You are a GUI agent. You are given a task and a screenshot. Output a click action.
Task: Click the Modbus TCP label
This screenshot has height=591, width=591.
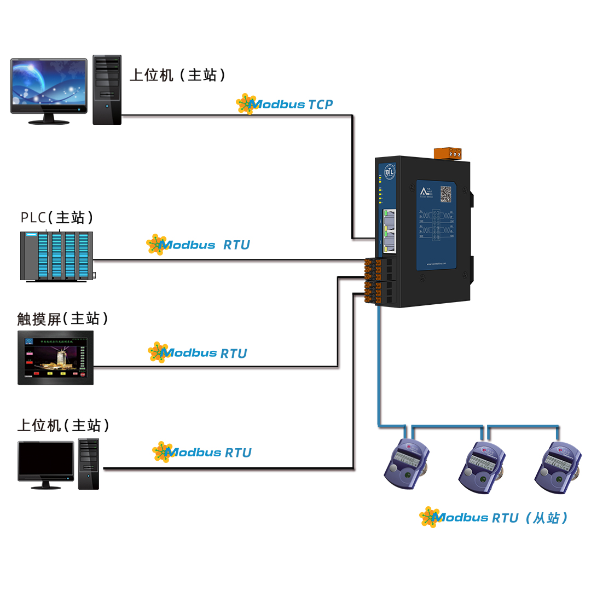(x=285, y=104)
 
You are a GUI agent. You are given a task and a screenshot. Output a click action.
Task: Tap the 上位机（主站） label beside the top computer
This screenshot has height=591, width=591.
(x=178, y=75)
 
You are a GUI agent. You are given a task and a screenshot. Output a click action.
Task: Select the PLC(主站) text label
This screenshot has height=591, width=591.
(x=57, y=217)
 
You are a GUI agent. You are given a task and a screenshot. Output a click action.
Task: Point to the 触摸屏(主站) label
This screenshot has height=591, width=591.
(x=63, y=318)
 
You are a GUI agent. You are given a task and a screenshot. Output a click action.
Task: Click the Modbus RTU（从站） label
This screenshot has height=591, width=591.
(x=495, y=518)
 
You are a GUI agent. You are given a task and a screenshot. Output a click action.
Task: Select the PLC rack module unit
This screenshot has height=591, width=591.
(x=56, y=256)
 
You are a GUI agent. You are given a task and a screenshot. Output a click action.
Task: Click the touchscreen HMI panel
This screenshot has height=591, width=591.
(x=55, y=357)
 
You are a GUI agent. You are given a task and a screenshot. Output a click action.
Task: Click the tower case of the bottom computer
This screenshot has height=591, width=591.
(x=88, y=463)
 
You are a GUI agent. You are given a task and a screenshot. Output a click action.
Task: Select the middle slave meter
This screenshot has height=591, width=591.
(x=482, y=466)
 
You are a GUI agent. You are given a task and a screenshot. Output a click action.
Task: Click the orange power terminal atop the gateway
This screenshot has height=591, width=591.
(x=448, y=153)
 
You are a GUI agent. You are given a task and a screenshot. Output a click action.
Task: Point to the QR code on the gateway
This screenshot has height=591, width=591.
(x=446, y=194)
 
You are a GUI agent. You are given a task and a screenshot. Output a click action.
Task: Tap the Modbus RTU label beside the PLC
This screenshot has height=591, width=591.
(x=199, y=245)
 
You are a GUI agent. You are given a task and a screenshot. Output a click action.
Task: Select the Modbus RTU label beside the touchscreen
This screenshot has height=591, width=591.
(x=198, y=353)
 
